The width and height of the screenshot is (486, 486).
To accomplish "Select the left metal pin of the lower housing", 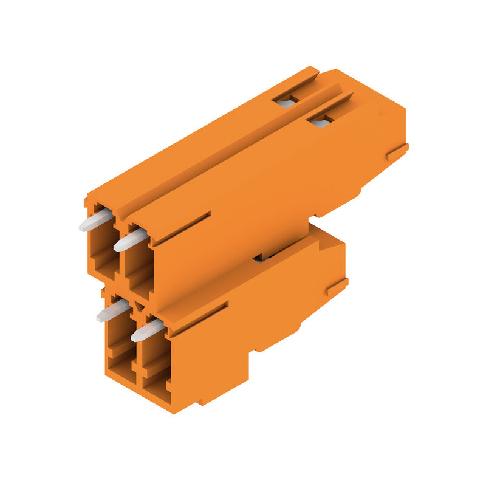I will pyautogui.click(x=113, y=312).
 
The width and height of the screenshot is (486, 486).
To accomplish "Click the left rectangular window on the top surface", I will pyautogui.click(x=286, y=101).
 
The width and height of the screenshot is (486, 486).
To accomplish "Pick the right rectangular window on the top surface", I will pyautogui.click(x=320, y=122).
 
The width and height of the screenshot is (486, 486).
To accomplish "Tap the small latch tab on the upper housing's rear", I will pyautogui.click(x=397, y=152).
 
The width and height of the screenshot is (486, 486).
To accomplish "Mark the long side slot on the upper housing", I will pyautogui.click(x=182, y=228).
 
